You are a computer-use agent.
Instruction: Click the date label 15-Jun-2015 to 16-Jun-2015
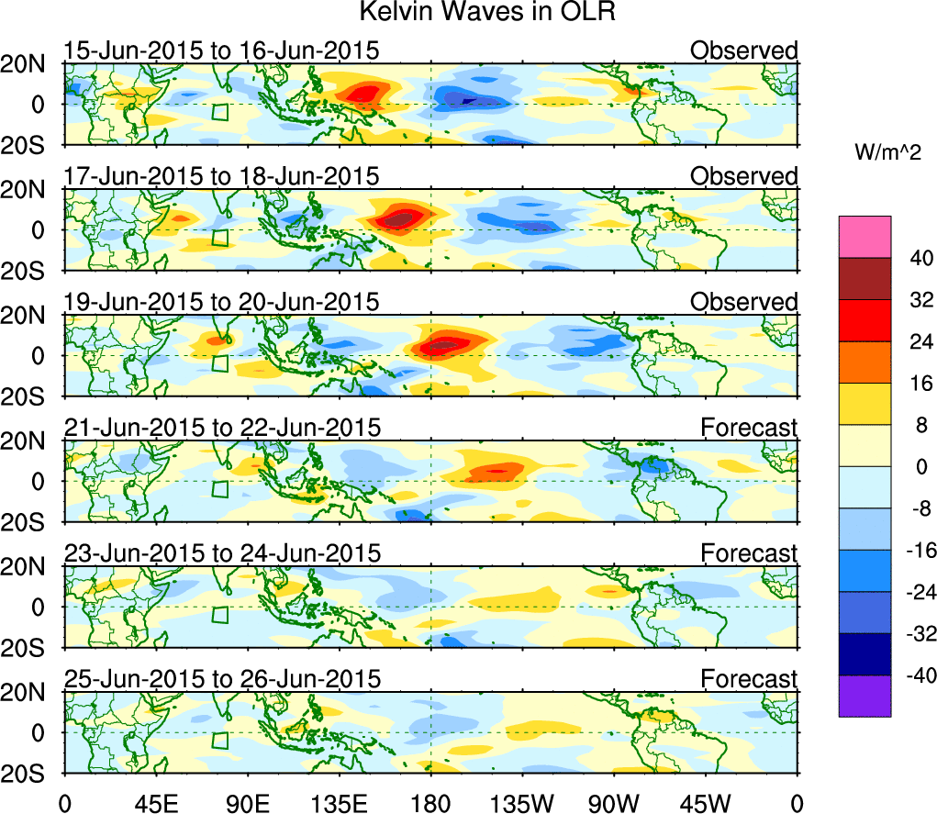221,50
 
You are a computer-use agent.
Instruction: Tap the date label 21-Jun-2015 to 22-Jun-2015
221,428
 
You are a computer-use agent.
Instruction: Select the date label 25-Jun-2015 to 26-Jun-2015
221,679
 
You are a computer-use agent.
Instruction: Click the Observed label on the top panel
744,50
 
